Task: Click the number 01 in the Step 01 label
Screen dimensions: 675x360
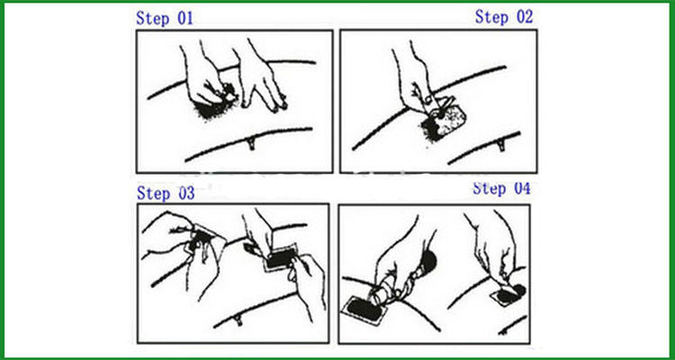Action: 185,19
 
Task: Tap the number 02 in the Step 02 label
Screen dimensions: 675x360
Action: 525,17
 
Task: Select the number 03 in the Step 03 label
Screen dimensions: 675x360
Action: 186,193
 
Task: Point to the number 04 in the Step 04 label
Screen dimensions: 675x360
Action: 522,188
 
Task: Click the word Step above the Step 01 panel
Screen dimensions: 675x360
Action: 153,19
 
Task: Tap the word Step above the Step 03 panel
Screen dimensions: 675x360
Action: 154,193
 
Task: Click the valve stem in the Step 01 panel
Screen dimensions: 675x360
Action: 251,143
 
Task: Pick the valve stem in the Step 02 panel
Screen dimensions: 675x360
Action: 501,145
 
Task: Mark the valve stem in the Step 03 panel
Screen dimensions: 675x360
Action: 238,320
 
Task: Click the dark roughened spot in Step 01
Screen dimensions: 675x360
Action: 211,108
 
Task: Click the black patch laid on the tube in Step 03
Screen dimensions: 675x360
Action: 280,258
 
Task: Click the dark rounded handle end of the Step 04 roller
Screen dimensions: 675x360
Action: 428,261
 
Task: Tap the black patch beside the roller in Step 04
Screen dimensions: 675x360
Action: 364,310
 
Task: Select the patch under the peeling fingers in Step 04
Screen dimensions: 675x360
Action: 508,295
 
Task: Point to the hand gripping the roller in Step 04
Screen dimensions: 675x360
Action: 398,263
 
